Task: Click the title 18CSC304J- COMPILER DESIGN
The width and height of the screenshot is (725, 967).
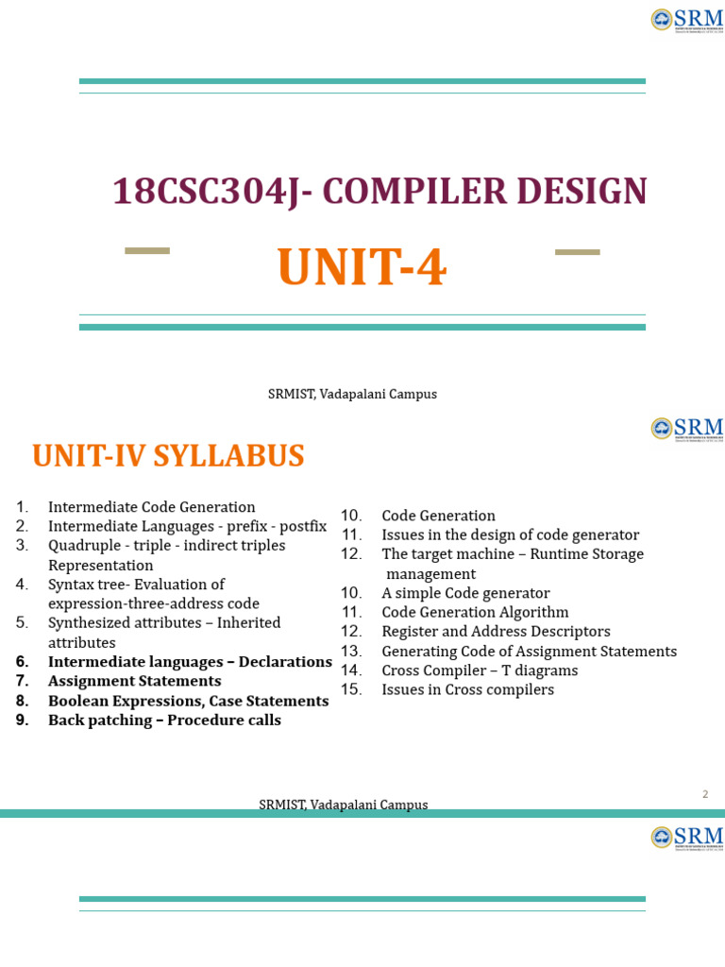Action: click(x=379, y=192)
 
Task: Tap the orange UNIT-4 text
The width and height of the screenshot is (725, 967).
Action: click(x=362, y=268)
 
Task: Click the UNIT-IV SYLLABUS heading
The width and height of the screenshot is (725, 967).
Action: click(x=168, y=456)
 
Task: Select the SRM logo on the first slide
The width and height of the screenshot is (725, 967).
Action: click(x=687, y=19)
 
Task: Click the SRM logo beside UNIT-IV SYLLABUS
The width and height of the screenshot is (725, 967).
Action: click(x=687, y=428)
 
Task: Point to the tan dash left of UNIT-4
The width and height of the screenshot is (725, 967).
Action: click(x=147, y=251)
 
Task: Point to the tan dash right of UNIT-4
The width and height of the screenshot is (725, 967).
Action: click(x=577, y=252)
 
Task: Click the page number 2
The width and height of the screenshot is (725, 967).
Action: click(x=704, y=794)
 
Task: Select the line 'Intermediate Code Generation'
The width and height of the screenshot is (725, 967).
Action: click(x=152, y=507)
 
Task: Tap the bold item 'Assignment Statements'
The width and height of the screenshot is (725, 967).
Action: click(x=134, y=681)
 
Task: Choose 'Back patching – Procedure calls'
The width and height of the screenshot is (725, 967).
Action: click(x=164, y=721)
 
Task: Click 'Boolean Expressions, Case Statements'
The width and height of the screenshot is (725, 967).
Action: click(x=188, y=701)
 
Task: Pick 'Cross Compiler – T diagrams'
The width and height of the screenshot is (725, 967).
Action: click(x=480, y=670)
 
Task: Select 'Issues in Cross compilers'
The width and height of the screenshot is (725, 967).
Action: click(x=467, y=689)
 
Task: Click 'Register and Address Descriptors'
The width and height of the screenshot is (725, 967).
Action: click(x=496, y=632)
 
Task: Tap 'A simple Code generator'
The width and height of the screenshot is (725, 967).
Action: click(x=465, y=593)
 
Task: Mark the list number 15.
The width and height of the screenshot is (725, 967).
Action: click(x=351, y=689)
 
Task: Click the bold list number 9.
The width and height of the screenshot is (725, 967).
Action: click(x=23, y=721)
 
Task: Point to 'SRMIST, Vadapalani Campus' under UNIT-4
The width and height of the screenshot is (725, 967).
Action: click(x=352, y=395)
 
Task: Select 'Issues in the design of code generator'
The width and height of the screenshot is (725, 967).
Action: click(x=510, y=535)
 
